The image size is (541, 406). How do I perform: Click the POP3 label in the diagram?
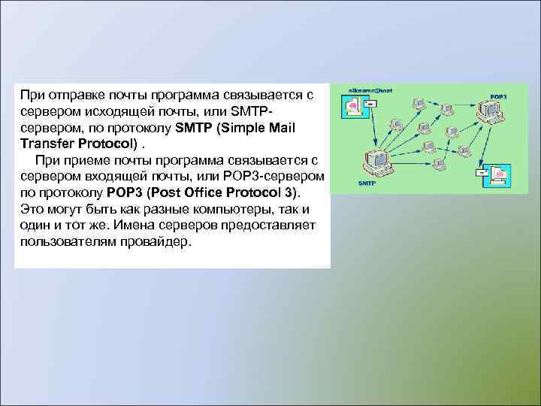click(498, 98)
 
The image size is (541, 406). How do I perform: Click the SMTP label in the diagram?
click(367, 183)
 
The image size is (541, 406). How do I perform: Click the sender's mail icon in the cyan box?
click(353, 106)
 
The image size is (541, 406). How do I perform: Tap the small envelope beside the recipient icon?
click(481, 173)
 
